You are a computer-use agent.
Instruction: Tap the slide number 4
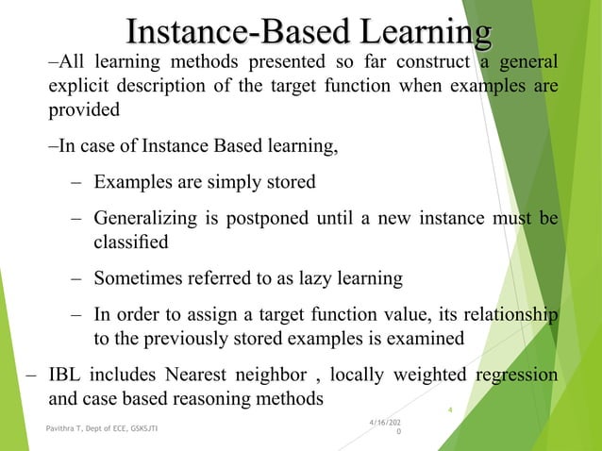coord(451,409)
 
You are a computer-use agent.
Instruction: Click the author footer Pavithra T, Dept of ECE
coord(102,429)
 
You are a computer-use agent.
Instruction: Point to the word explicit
coord(78,87)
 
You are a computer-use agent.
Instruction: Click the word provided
coord(83,110)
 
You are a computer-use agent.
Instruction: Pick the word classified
coord(130,242)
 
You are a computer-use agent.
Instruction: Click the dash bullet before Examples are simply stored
coord(75,180)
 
